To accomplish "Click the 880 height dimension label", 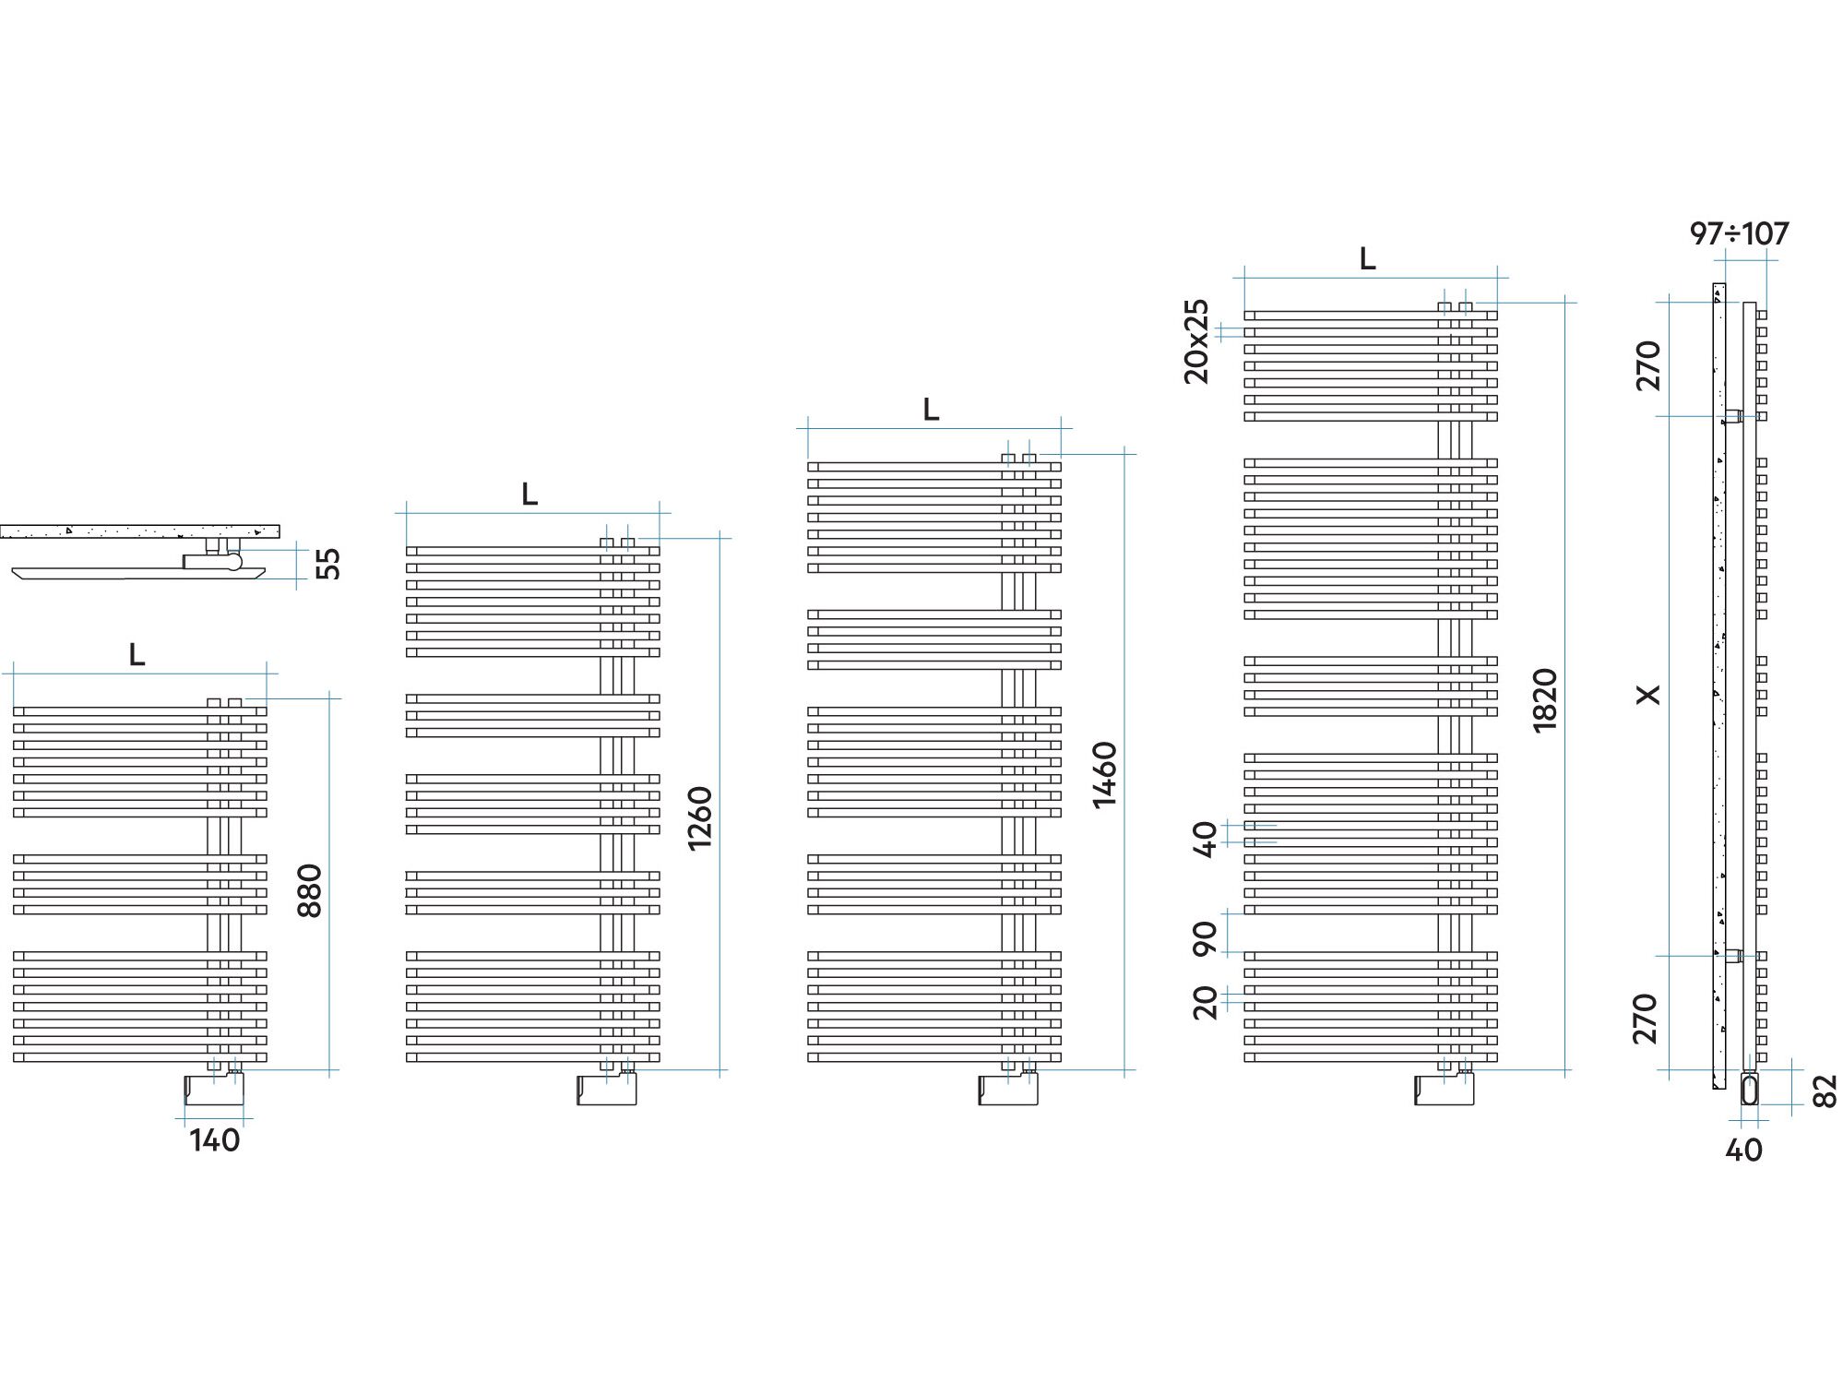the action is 310,890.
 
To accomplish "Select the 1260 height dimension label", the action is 700,817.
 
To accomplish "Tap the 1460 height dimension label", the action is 1104,775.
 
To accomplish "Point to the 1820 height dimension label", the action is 1544,700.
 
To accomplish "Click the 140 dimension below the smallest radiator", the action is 215,1140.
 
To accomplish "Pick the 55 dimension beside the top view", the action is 327,564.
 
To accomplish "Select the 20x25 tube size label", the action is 1195,341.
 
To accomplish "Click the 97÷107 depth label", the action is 1739,233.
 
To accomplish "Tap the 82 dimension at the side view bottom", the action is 1825,1091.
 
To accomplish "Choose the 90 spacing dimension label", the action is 1206,937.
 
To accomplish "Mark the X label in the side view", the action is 1647,694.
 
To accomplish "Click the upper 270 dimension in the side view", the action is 1647,365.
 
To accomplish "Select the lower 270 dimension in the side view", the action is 1646,1019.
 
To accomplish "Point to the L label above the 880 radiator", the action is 137,654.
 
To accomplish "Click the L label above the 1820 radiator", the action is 1367,259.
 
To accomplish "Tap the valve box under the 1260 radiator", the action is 606,1090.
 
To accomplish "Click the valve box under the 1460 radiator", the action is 1007,1090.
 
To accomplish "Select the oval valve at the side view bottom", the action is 1749,1089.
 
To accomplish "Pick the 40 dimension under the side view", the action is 1743,1150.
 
